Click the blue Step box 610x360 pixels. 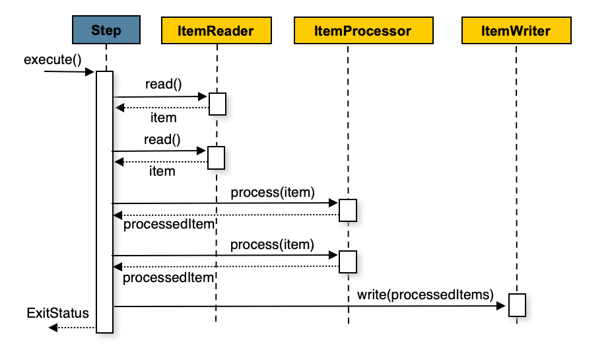tap(106, 31)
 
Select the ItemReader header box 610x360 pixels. tap(217, 31)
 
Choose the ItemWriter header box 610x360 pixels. tap(516, 31)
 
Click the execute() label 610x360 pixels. tap(52, 60)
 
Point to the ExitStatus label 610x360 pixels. tap(58, 312)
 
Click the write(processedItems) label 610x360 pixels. tap(425, 294)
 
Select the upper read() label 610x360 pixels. tap(163, 85)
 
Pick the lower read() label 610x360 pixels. tap(162, 139)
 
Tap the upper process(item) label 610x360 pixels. tap(272, 192)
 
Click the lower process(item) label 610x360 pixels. tap(271, 244)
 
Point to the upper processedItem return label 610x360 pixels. tap(168, 225)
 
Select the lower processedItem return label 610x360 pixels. tap(168, 277)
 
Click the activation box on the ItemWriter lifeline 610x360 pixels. tap(517, 305)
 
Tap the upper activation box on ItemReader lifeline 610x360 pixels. tap(218, 104)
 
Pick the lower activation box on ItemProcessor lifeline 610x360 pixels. tap(348, 262)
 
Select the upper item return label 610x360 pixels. tap(163, 118)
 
